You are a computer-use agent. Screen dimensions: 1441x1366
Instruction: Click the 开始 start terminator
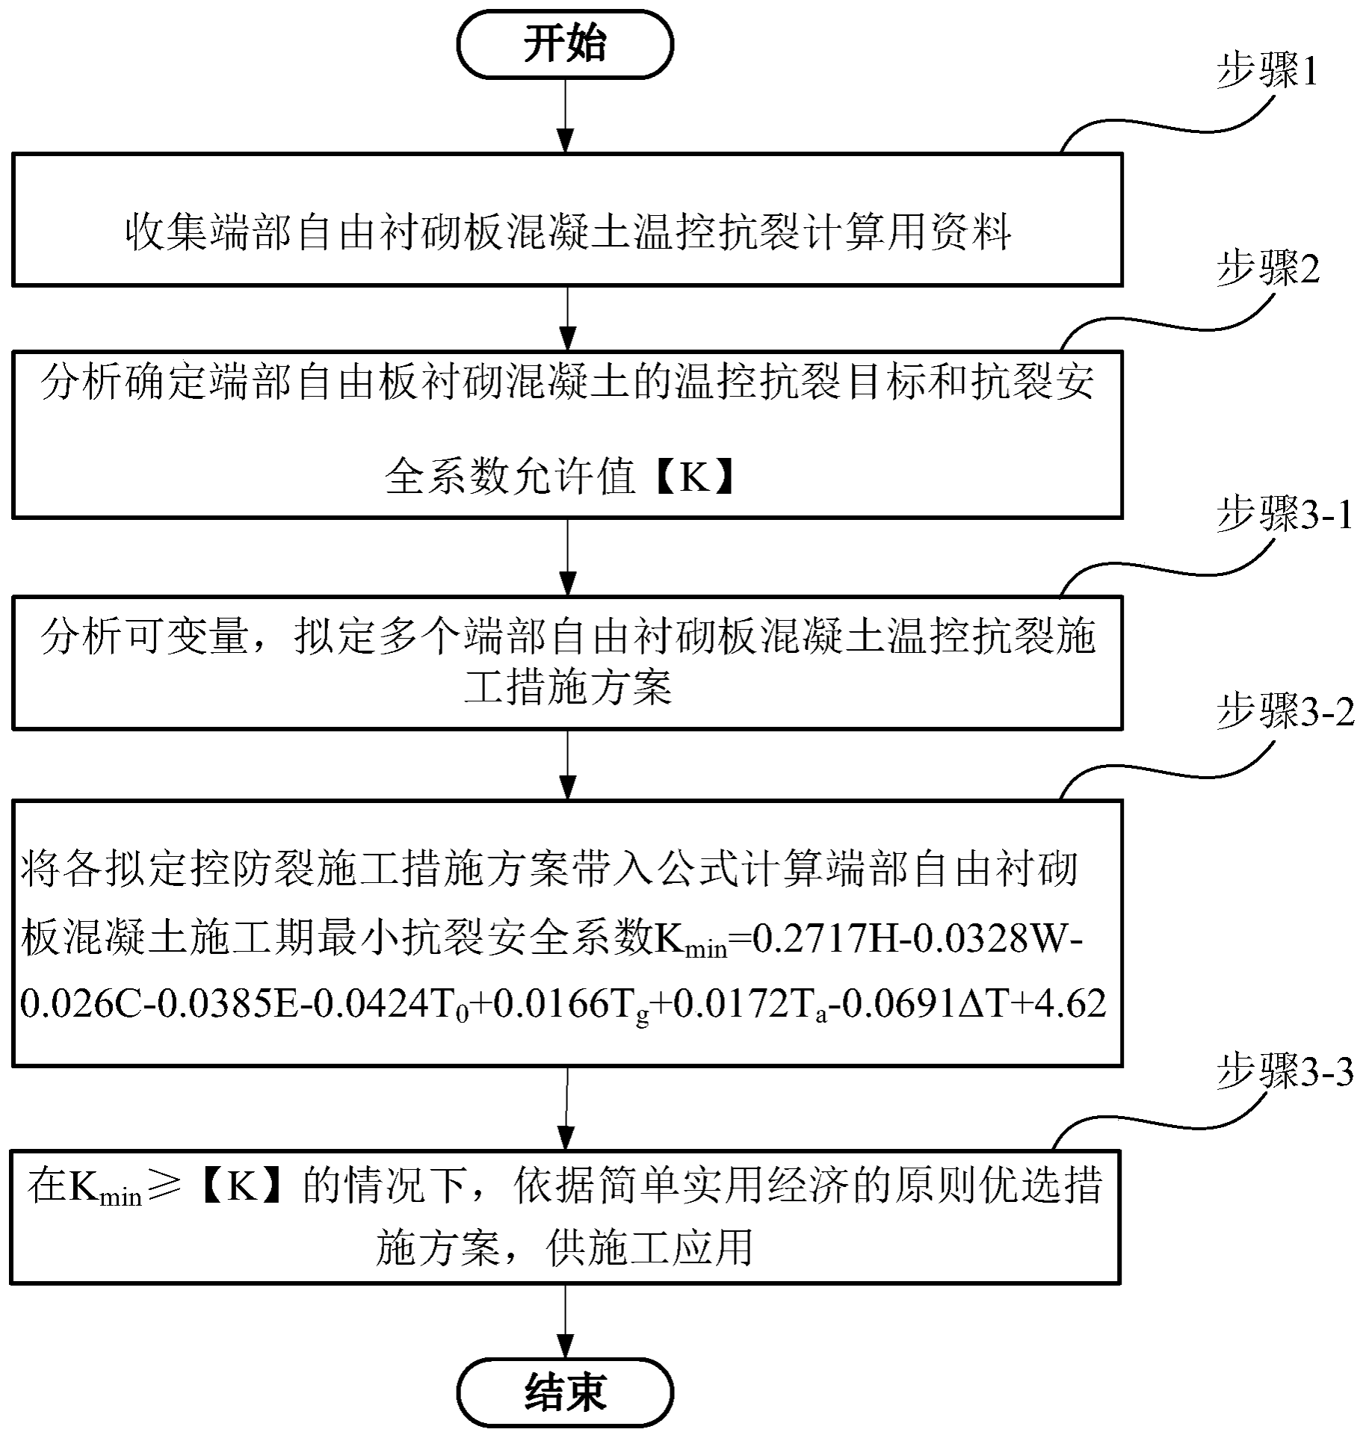[565, 45]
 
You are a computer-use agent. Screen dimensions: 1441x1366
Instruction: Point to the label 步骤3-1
[1285, 515]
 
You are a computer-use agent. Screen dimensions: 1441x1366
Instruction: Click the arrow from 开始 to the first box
[566, 116]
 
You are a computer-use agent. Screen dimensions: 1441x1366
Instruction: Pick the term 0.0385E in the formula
[236, 1003]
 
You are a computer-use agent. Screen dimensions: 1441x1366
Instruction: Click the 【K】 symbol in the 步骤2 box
[693, 476]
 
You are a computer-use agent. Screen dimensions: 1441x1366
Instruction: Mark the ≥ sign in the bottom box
[164, 1186]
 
